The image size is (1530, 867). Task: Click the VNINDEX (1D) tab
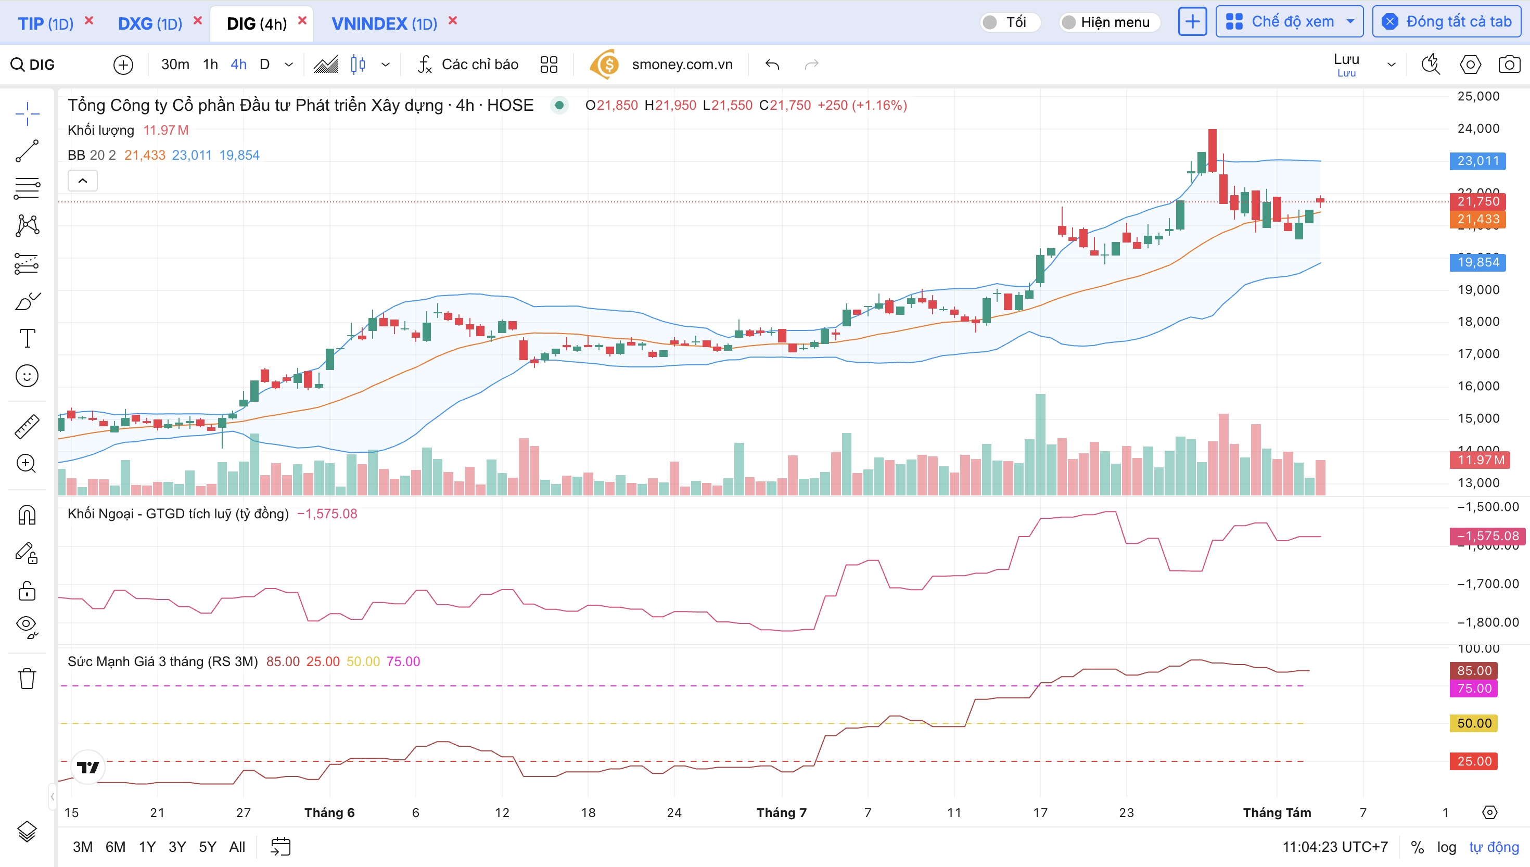coord(384,23)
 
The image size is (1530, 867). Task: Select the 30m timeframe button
coord(175,65)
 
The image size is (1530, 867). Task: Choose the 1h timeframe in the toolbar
coord(210,65)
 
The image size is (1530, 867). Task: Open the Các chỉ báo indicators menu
coord(468,65)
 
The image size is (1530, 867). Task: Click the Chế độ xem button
coord(1289,22)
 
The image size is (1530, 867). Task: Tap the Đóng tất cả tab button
coord(1447,22)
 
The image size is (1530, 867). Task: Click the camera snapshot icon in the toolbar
coord(1509,65)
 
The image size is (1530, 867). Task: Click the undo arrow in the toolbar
coord(772,65)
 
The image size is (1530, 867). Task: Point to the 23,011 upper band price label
coord(1477,161)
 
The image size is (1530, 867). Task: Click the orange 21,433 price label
coord(1477,220)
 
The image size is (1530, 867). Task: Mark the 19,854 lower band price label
coord(1477,262)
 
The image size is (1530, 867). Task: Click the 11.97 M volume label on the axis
coord(1477,460)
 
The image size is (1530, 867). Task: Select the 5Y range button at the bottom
coord(207,847)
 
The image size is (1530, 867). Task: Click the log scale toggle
coord(1446,847)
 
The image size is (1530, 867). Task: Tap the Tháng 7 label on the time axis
coord(781,813)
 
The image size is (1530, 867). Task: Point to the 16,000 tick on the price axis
coord(1477,386)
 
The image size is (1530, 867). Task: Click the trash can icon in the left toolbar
coord(27,678)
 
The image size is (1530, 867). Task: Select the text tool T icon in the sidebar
coord(27,338)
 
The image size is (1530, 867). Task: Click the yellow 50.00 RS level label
coord(1473,723)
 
